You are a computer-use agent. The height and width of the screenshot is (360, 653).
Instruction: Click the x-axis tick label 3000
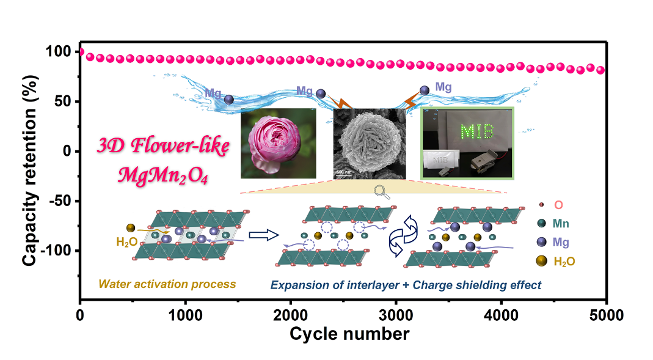(x=396, y=316)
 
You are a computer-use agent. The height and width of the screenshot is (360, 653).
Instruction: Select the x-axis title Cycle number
(x=349, y=334)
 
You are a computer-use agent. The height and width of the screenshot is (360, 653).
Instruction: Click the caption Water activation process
(x=167, y=284)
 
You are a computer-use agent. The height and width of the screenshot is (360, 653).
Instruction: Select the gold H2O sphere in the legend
(x=541, y=261)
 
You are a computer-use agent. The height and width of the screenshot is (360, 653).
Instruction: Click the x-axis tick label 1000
(x=185, y=316)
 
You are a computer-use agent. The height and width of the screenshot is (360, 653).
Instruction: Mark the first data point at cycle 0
(x=81, y=52)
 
